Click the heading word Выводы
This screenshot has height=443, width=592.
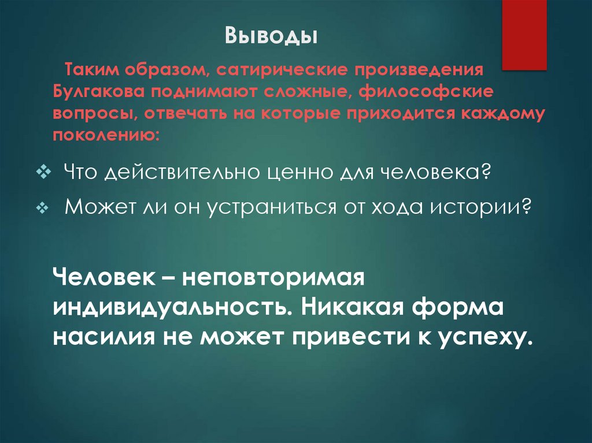coord(271,36)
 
